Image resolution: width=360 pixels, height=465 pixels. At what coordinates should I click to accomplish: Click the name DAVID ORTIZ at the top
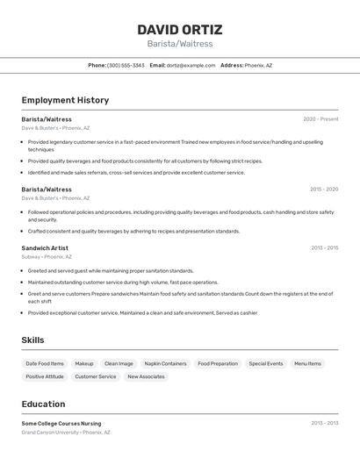(x=179, y=29)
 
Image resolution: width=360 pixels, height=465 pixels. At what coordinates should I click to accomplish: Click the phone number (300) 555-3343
(x=126, y=65)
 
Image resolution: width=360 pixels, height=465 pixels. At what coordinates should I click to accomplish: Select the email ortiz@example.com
(x=191, y=65)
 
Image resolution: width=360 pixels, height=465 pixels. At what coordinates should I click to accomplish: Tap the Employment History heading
(x=65, y=100)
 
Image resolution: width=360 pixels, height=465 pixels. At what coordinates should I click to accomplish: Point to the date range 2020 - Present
(x=320, y=119)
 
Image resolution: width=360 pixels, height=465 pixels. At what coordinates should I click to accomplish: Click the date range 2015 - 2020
(x=323, y=190)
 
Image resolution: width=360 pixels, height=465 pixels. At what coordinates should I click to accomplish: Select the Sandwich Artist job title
(x=45, y=248)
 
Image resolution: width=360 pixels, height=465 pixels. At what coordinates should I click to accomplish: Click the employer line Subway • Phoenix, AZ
(x=47, y=257)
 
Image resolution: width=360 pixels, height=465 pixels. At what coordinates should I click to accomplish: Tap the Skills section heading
(x=32, y=340)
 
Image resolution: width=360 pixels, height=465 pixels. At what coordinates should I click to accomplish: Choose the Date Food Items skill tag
(x=45, y=363)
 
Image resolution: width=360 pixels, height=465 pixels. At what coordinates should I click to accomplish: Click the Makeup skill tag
(x=84, y=363)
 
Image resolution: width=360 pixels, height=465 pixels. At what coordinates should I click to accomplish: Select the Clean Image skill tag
(x=119, y=363)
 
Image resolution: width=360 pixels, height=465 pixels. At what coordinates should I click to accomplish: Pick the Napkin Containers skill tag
(x=165, y=363)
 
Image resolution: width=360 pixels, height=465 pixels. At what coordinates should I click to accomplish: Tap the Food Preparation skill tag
(x=217, y=363)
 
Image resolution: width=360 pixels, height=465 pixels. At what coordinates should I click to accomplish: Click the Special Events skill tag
(x=265, y=363)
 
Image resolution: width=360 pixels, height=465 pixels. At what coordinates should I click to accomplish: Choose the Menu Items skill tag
(x=307, y=363)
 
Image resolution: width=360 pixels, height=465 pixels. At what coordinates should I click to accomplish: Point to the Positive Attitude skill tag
(x=45, y=376)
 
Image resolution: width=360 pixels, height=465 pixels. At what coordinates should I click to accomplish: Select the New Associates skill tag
(x=146, y=376)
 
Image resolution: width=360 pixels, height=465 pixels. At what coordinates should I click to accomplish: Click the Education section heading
(x=43, y=404)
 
